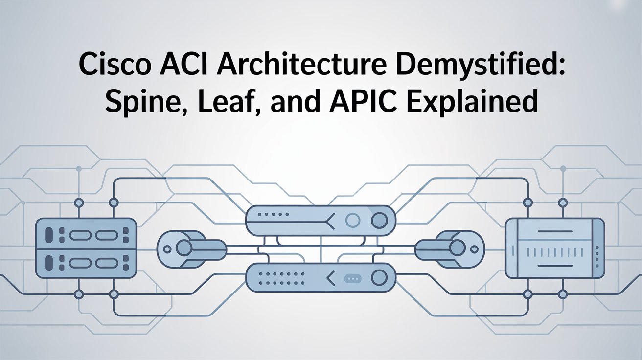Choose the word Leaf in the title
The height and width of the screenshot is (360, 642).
[229, 101]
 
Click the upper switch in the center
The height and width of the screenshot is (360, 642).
[321, 221]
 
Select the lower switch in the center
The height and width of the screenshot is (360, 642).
[321, 277]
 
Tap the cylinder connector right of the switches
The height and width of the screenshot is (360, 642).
[450, 248]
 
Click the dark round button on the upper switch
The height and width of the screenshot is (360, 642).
[379, 221]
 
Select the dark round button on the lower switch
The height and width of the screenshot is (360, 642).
[379, 278]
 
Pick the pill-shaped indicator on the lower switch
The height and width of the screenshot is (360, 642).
[352, 278]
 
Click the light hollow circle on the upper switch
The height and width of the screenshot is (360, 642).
[352, 221]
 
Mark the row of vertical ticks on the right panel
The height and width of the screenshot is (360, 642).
[555, 252]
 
